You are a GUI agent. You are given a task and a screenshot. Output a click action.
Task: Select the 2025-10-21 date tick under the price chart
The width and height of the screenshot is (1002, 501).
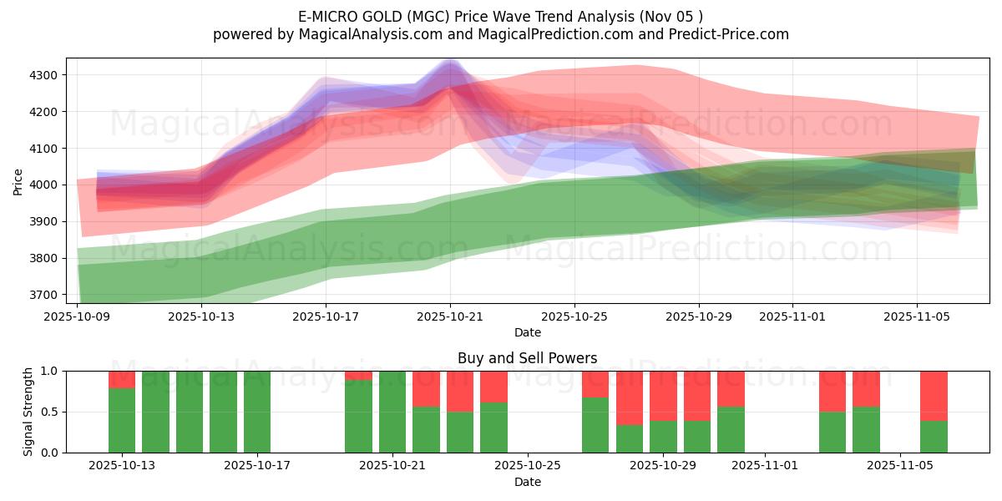point(450,316)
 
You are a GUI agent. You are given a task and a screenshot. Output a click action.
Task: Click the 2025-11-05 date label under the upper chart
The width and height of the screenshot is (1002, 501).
point(917,316)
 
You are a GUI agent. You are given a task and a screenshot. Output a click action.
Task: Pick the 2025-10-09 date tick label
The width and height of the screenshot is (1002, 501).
point(77,316)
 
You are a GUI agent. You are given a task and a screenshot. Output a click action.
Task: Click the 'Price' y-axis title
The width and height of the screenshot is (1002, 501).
point(18,181)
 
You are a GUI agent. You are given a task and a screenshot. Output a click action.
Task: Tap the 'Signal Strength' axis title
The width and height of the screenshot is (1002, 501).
point(28,412)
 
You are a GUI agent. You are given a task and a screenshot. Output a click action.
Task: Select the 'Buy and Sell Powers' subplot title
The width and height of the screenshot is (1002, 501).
point(527,358)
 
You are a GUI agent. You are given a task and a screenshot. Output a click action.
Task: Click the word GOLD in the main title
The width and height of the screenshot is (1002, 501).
point(378,17)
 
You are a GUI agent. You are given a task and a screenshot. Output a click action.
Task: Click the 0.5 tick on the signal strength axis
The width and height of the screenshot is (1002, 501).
point(49,412)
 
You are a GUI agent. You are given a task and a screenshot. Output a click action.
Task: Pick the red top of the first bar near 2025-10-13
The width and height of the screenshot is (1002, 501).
point(122,379)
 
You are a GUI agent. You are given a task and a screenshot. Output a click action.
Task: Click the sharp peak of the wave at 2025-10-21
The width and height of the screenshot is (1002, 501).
point(450,63)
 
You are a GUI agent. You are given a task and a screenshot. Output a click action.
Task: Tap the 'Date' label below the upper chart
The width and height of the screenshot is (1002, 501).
point(527,332)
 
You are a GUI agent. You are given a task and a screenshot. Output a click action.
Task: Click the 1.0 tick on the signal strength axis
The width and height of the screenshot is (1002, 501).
point(49,371)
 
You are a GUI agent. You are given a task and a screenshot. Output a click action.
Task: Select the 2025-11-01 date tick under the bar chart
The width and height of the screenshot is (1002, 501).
point(765,466)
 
